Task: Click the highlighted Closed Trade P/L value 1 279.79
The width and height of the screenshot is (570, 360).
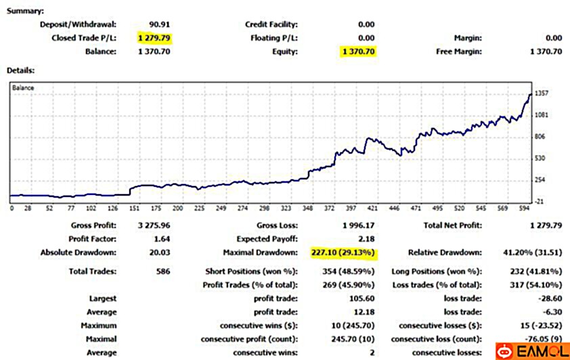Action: click(155, 38)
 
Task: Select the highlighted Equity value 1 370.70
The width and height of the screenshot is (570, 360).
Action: click(358, 51)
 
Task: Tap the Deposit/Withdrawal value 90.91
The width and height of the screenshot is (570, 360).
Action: click(159, 24)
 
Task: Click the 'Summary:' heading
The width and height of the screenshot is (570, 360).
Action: click(25, 11)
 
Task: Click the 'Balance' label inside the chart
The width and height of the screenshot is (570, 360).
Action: click(23, 88)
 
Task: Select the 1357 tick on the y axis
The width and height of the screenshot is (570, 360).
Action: click(541, 93)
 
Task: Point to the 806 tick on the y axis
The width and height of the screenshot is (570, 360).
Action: click(539, 137)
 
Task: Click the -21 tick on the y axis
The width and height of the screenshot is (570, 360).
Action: click(539, 202)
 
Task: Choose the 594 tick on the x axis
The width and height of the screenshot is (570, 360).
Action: click(523, 209)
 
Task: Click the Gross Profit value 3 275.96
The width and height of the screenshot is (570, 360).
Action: click(152, 225)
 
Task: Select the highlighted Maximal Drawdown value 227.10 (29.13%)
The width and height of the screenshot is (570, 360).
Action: click(343, 252)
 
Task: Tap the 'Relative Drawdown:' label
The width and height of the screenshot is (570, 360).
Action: click(444, 252)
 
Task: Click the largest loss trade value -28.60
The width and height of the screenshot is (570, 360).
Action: click(550, 298)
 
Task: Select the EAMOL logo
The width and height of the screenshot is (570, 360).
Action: click(531, 351)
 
